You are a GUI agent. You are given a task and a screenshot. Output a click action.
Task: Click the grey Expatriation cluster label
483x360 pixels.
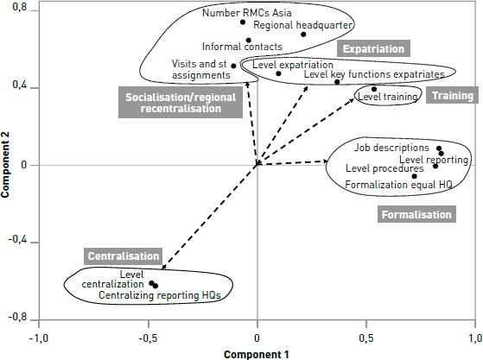click(x=373, y=48)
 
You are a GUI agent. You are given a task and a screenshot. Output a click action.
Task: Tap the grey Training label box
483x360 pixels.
click(x=452, y=95)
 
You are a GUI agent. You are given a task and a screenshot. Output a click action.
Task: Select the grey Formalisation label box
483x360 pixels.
click(x=416, y=214)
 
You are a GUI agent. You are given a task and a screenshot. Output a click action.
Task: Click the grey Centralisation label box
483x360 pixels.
click(x=124, y=256)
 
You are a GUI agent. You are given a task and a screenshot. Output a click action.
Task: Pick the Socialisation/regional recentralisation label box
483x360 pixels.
click(x=181, y=103)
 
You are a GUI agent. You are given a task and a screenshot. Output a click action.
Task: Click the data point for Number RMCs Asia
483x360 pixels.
click(x=243, y=22)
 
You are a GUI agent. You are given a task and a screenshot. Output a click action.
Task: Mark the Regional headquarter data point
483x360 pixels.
click(x=303, y=35)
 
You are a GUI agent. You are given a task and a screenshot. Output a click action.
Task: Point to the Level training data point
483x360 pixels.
click(x=374, y=89)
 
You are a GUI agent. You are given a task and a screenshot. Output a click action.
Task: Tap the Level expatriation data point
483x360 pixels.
click(x=278, y=73)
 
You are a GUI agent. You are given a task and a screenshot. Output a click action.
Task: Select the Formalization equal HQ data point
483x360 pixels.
click(x=414, y=176)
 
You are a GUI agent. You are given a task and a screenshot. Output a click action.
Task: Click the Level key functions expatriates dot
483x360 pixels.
click(x=337, y=82)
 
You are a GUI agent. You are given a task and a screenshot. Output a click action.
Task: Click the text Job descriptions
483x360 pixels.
click(x=391, y=148)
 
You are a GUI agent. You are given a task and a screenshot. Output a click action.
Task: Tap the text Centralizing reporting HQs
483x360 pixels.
click(x=160, y=295)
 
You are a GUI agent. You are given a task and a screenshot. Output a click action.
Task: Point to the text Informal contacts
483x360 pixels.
click(x=242, y=47)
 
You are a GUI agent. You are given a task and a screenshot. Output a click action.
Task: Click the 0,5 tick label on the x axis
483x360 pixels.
click(x=366, y=338)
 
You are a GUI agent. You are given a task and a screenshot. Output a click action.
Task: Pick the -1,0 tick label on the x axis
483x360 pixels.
click(x=39, y=338)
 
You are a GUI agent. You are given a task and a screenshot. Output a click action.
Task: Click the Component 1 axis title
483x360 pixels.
click(x=257, y=355)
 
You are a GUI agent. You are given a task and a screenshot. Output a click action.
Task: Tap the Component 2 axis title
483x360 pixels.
click(x=5, y=164)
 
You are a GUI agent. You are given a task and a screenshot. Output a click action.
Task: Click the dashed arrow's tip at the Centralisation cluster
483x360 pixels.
click(x=162, y=269)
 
